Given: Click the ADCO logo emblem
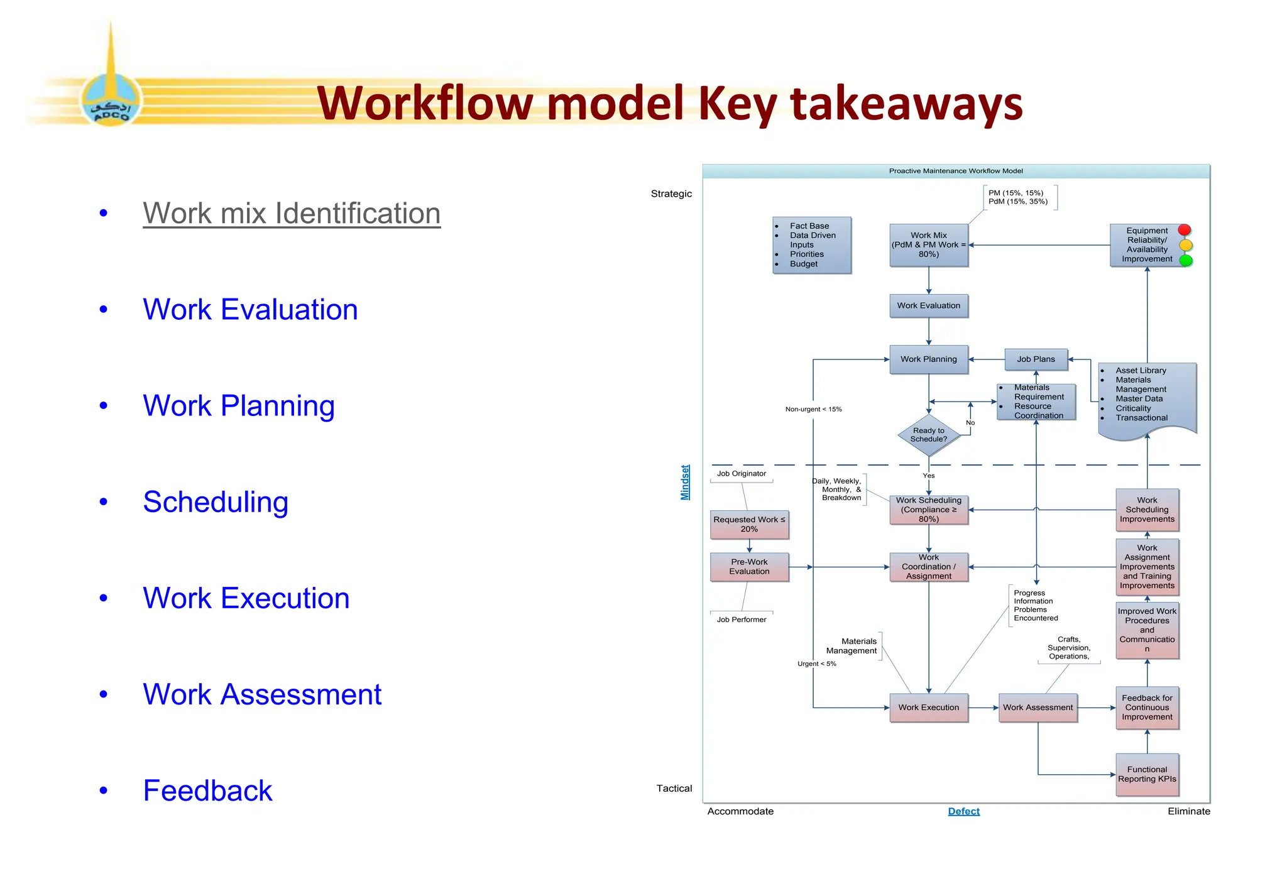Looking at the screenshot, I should coord(111,101).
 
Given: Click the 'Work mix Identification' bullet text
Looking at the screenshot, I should coord(292,213).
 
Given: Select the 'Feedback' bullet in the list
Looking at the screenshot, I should coord(207,790).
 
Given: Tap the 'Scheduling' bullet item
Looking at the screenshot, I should coord(216,501).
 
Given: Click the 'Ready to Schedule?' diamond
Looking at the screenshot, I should coord(928,435).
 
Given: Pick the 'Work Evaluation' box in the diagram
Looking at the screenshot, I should coord(928,306).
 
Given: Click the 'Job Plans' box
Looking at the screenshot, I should coord(1036,359).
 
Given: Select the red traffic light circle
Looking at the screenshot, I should coord(1185,231).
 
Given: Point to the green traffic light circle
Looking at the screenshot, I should coord(1186,260).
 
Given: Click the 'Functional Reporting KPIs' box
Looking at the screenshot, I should coord(1147,774).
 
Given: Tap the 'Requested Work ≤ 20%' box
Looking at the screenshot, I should coord(749,524).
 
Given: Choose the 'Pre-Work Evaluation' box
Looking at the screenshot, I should coord(749,567).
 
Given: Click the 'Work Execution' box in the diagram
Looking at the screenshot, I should coord(928,708).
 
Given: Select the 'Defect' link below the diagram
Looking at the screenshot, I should coord(963,811).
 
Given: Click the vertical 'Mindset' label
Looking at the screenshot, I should coord(685,483).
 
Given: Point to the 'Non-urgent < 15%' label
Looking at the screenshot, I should coord(813,409).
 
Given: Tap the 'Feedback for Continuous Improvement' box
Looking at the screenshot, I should coord(1147,708).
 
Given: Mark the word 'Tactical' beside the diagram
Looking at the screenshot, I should coord(674,788).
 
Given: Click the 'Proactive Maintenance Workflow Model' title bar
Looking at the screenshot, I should coord(955,171).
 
